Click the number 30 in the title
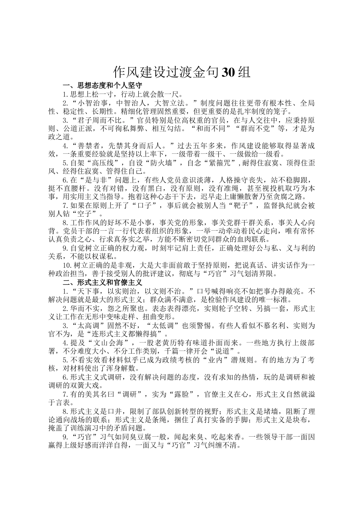(229, 72)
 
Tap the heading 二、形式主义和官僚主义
(103, 282)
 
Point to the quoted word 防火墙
(162, 163)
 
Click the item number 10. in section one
(68, 264)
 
